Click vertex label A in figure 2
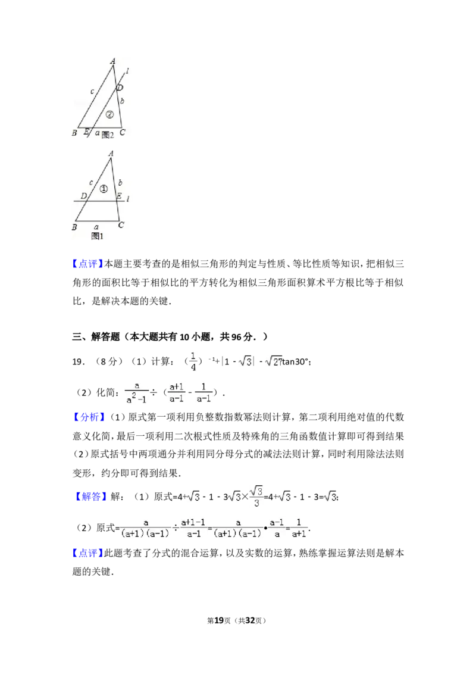point(113,61)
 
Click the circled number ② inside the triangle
point(108,114)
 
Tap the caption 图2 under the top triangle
point(107,135)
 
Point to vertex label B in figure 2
point(74,133)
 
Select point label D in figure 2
point(120,88)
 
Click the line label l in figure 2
point(128,71)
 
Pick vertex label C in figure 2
point(122,133)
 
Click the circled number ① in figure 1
point(104,189)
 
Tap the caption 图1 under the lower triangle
point(98,236)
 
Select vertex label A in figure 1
point(111,154)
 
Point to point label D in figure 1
point(84,196)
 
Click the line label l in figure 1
point(128,199)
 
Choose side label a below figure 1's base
point(97,227)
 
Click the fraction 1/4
point(193,360)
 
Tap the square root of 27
point(273,361)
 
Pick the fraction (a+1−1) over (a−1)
point(193,527)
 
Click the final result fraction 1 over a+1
point(300,527)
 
